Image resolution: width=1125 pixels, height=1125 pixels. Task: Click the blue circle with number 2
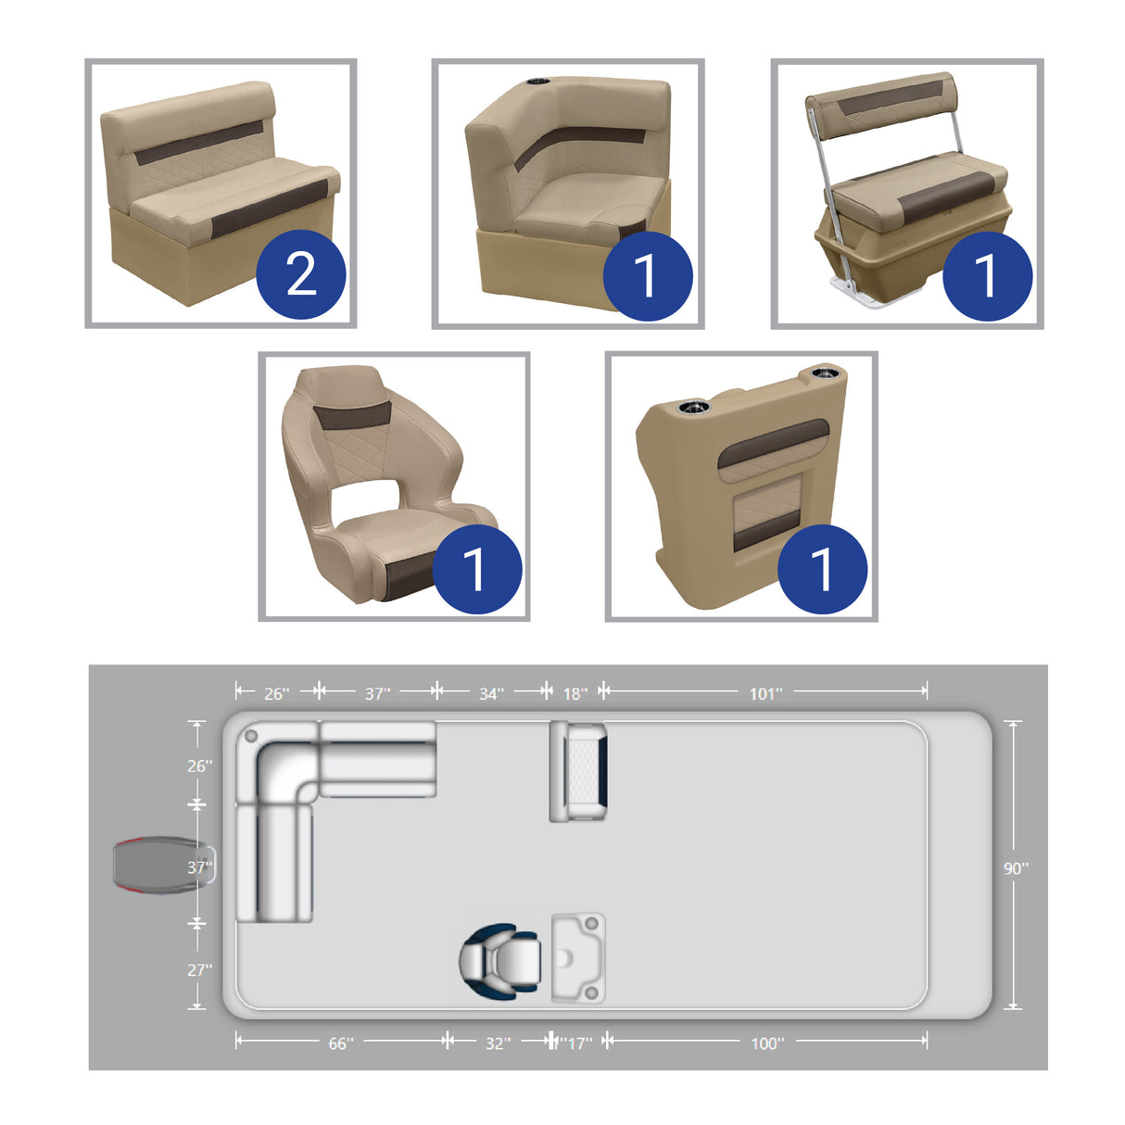[300, 274]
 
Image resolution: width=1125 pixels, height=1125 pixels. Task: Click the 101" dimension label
[765, 694]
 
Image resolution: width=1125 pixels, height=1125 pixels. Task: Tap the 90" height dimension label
[1016, 868]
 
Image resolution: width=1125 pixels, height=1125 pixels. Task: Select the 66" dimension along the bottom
[340, 1043]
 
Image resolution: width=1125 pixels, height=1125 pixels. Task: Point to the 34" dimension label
[491, 694]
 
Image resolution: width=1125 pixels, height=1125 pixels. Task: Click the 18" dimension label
[575, 694]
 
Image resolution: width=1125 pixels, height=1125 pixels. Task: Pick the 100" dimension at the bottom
[766, 1043]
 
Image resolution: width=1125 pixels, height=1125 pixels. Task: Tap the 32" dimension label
[498, 1043]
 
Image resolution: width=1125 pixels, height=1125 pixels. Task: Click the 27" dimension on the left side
[199, 969]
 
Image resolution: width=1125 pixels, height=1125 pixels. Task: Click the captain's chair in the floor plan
[500, 960]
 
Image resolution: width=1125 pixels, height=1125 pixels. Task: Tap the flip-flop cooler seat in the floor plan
[578, 771]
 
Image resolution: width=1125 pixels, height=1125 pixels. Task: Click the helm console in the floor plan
[579, 957]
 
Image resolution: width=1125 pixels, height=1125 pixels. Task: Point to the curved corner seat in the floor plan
[278, 765]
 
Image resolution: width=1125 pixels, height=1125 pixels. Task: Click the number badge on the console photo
[822, 568]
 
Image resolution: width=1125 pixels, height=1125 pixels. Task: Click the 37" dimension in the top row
[377, 694]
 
